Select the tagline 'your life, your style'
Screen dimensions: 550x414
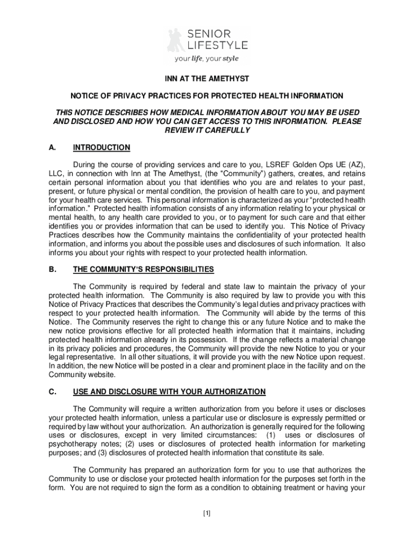(x=206, y=59)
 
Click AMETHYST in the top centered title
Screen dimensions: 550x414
(x=227, y=78)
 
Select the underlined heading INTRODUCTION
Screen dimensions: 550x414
(x=102, y=147)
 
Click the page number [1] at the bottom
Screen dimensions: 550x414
(x=207, y=513)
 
